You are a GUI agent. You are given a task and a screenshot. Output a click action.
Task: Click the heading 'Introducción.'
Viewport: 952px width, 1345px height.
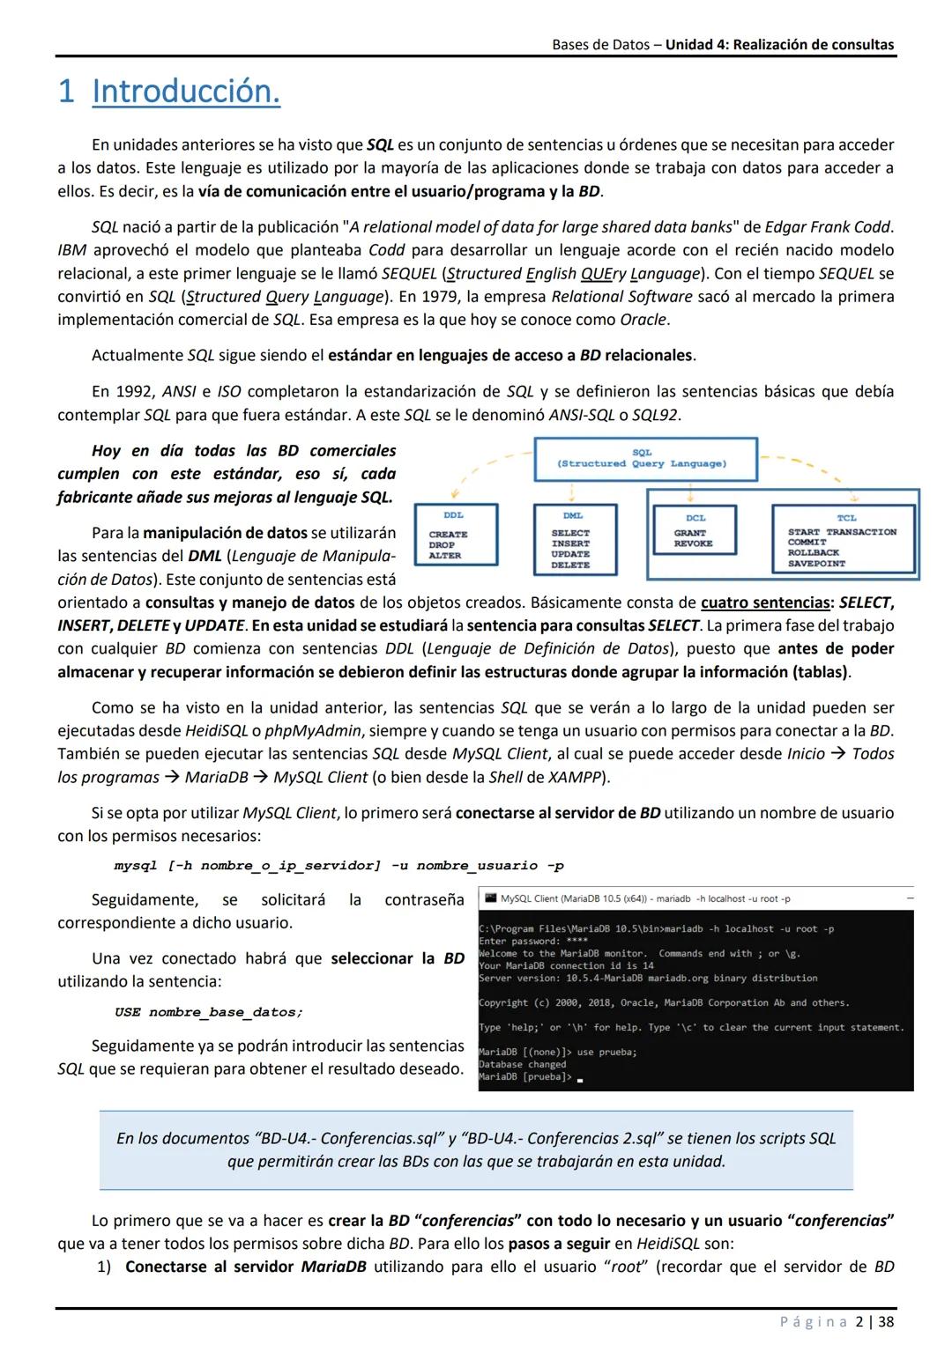pyautogui.click(x=186, y=92)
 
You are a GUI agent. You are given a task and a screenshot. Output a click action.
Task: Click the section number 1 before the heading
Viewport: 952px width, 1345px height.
pyautogui.click(x=66, y=92)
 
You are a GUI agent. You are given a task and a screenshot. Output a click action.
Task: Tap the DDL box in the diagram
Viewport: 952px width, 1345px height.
pyautogui.click(x=457, y=535)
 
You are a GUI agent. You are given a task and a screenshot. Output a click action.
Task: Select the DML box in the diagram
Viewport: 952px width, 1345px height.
pyautogui.click(x=570, y=539)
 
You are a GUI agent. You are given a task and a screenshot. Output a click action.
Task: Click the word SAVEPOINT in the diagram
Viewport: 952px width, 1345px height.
pyautogui.click(x=816, y=564)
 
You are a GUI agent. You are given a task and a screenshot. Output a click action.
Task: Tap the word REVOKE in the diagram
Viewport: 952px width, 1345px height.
pyautogui.click(x=693, y=544)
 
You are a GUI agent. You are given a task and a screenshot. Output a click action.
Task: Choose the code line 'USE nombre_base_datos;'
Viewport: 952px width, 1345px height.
pyautogui.click(x=209, y=1012)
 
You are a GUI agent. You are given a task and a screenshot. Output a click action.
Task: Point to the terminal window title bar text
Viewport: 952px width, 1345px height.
pyautogui.click(x=645, y=898)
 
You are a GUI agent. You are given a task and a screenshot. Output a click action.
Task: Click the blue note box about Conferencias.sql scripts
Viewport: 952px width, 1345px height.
pyautogui.click(x=476, y=1149)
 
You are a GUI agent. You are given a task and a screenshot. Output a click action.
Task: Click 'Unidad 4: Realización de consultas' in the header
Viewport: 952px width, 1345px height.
pyautogui.click(x=779, y=44)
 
